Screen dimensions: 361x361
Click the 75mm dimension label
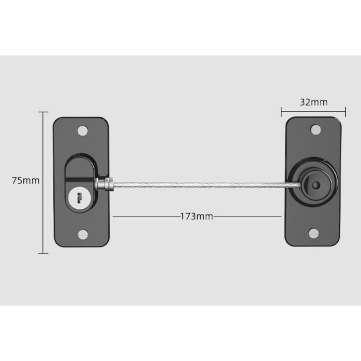[26, 180]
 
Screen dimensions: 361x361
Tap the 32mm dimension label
[313, 102]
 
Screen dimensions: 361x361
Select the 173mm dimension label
[196, 217]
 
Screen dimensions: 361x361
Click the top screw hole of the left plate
[82, 130]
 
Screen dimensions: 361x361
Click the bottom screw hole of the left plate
[83, 234]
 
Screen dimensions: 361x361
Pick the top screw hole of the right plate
[315, 130]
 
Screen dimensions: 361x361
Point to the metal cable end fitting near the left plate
[104, 184]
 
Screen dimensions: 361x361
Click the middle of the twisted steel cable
[199, 184]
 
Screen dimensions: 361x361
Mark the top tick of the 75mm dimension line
[43, 112]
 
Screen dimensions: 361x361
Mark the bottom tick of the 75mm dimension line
[43, 253]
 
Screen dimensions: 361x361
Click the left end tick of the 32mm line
[281, 111]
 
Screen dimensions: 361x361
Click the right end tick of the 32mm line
[345, 111]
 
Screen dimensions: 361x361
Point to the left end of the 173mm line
[113, 217]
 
